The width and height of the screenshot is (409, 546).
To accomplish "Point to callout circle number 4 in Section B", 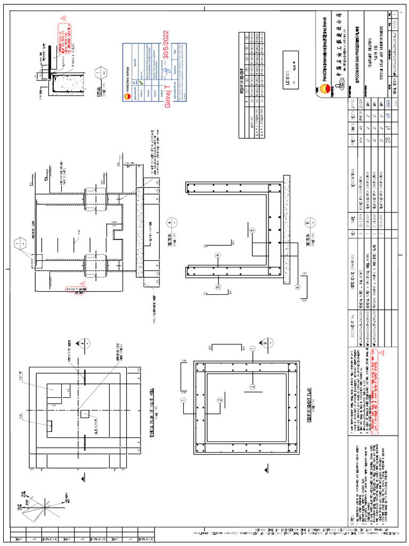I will tap(217, 255).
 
